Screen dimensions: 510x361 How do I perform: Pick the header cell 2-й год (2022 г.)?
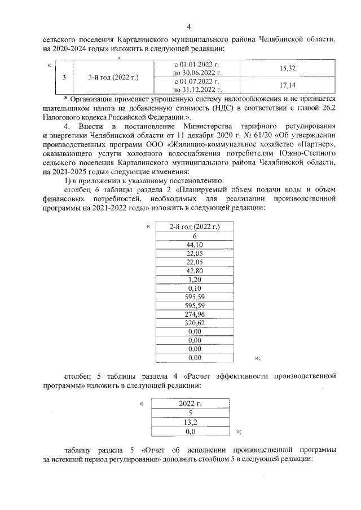pos(194,227)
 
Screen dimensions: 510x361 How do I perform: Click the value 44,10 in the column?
pos(194,245)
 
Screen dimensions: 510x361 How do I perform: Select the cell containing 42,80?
pos(194,270)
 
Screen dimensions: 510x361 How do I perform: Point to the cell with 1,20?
pos(194,279)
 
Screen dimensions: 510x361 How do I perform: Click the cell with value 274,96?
pos(194,314)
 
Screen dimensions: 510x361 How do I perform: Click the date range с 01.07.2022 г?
pos(197,81)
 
